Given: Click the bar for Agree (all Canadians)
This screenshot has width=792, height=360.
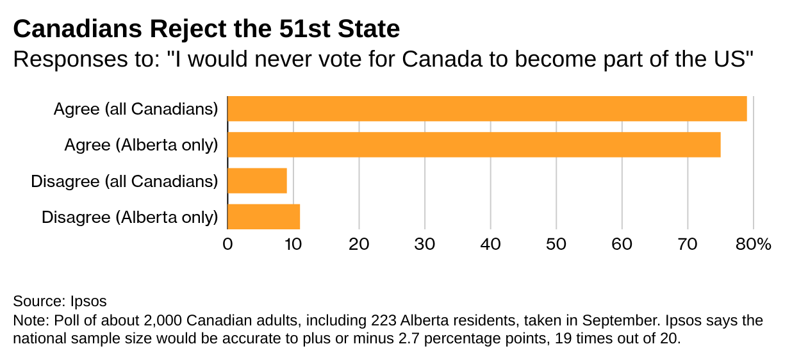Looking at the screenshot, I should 487,109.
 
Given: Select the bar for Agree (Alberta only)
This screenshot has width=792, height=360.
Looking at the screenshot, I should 474,145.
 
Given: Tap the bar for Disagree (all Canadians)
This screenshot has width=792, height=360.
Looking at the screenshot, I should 257,181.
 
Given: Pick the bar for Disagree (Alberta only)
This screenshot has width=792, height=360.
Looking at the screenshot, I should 263,217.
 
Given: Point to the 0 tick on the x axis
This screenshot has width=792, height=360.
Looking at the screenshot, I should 227,244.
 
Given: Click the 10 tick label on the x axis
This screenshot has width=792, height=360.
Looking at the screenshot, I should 293,244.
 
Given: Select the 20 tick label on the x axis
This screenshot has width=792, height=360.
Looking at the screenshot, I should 359,244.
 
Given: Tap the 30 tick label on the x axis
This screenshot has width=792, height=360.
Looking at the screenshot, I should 425,244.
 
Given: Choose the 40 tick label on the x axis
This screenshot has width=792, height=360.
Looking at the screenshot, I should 490,244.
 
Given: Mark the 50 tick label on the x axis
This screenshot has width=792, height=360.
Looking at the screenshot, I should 556,244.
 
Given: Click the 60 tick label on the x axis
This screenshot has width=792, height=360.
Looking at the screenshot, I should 622,244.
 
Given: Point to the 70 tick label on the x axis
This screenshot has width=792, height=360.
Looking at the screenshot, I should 688,244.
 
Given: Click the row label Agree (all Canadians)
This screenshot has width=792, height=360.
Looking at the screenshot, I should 136,110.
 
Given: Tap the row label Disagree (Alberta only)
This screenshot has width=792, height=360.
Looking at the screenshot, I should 130,217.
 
